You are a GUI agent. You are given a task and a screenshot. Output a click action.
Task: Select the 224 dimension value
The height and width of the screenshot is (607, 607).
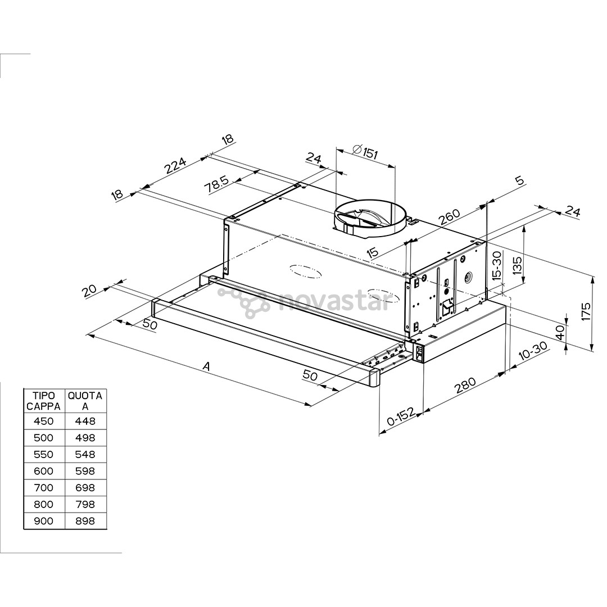point(175,166)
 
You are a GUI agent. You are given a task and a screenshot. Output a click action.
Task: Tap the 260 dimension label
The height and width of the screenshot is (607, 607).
point(450,218)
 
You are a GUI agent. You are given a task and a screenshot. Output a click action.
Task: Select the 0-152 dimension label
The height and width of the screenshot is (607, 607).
point(401,419)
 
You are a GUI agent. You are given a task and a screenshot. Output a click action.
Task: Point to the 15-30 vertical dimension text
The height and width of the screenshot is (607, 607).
point(496,266)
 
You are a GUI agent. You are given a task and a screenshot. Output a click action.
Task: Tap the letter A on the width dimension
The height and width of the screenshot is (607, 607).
point(206,366)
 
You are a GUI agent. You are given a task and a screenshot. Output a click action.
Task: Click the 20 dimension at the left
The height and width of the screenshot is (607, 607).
point(89,290)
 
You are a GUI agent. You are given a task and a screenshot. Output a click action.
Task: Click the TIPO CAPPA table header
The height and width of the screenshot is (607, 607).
point(44,401)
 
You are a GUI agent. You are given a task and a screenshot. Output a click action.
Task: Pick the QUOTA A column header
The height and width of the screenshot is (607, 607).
point(85,401)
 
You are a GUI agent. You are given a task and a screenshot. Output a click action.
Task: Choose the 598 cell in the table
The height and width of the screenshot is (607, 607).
point(85,471)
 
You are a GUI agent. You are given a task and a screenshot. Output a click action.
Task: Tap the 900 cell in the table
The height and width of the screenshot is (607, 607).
point(44,521)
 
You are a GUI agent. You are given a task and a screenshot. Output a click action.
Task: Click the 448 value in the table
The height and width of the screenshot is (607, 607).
point(85,421)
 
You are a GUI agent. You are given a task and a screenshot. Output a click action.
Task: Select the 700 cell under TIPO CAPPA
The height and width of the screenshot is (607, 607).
point(44,488)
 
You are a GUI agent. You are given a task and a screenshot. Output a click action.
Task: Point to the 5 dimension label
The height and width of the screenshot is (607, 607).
point(519,180)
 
